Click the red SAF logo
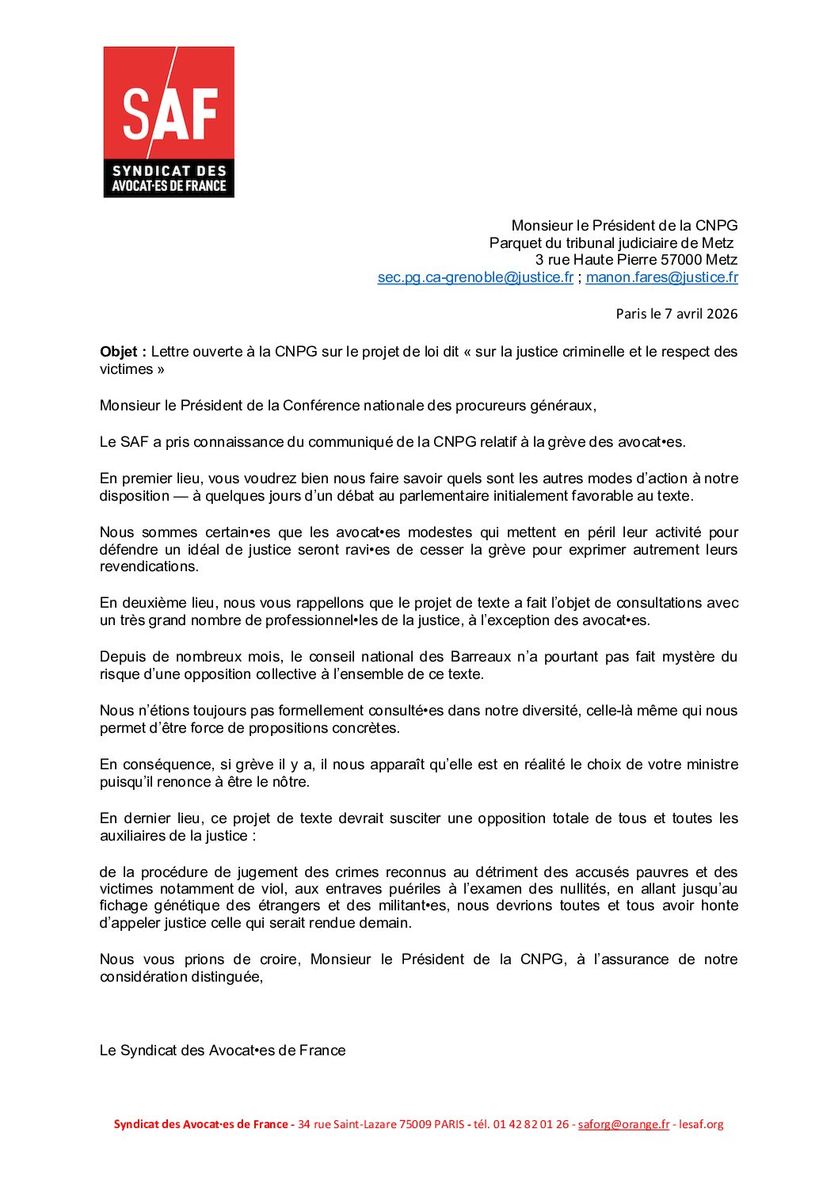(x=169, y=121)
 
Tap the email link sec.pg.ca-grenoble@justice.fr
(x=475, y=277)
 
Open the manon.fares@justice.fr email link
(x=661, y=277)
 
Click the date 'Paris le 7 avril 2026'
(x=676, y=314)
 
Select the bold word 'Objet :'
(x=123, y=352)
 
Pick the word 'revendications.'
(x=149, y=566)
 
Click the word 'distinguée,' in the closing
(x=227, y=977)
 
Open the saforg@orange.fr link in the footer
(x=623, y=1124)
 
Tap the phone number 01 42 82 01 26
(x=531, y=1124)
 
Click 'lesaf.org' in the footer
(x=702, y=1124)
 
